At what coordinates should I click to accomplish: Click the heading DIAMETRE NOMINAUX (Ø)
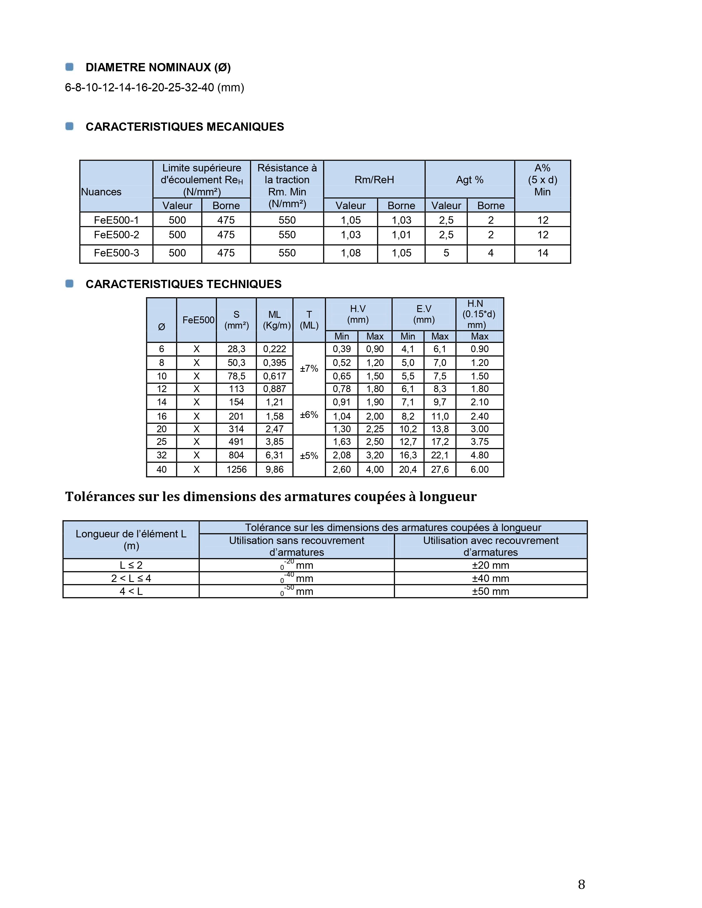[x=158, y=67]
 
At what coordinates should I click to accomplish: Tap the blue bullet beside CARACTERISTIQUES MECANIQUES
[x=69, y=126]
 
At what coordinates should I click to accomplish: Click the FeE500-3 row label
[x=116, y=253]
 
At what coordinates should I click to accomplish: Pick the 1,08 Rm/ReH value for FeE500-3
[x=350, y=253]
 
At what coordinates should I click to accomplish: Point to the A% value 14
[x=542, y=253]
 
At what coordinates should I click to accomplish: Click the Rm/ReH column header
[x=374, y=180]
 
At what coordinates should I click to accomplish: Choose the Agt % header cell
[x=470, y=180]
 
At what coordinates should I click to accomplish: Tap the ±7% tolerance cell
[x=309, y=368]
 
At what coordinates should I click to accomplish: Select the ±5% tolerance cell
[x=309, y=456]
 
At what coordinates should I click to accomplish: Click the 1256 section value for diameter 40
[x=236, y=469]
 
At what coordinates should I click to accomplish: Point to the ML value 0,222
[x=274, y=349]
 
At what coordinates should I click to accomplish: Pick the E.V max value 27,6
[x=440, y=469]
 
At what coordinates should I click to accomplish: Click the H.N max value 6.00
[x=480, y=469]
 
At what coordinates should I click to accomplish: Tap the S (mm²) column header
[x=236, y=320]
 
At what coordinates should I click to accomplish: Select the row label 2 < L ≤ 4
[x=131, y=578]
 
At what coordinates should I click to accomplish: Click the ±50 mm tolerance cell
[x=490, y=591]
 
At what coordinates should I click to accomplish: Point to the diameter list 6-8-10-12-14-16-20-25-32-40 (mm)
[x=154, y=87]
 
